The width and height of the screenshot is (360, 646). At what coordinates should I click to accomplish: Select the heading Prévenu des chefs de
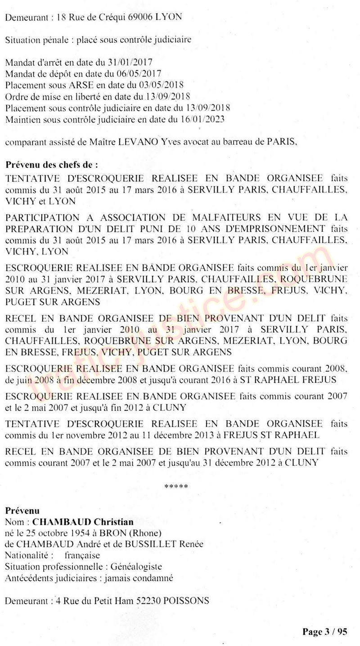point(51,165)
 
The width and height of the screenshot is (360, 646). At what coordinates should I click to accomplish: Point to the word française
point(82,556)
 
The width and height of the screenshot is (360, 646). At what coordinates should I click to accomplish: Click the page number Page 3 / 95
point(325,632)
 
